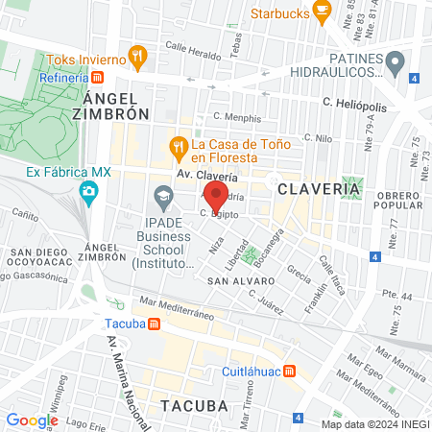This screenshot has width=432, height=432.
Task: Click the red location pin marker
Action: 216,196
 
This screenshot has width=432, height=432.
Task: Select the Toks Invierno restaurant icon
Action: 138,56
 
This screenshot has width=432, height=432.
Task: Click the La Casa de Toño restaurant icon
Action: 177,147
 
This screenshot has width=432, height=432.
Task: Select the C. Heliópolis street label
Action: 354,103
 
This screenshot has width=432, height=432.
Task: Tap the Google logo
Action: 32,420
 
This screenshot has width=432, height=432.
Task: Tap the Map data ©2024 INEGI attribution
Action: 373,423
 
